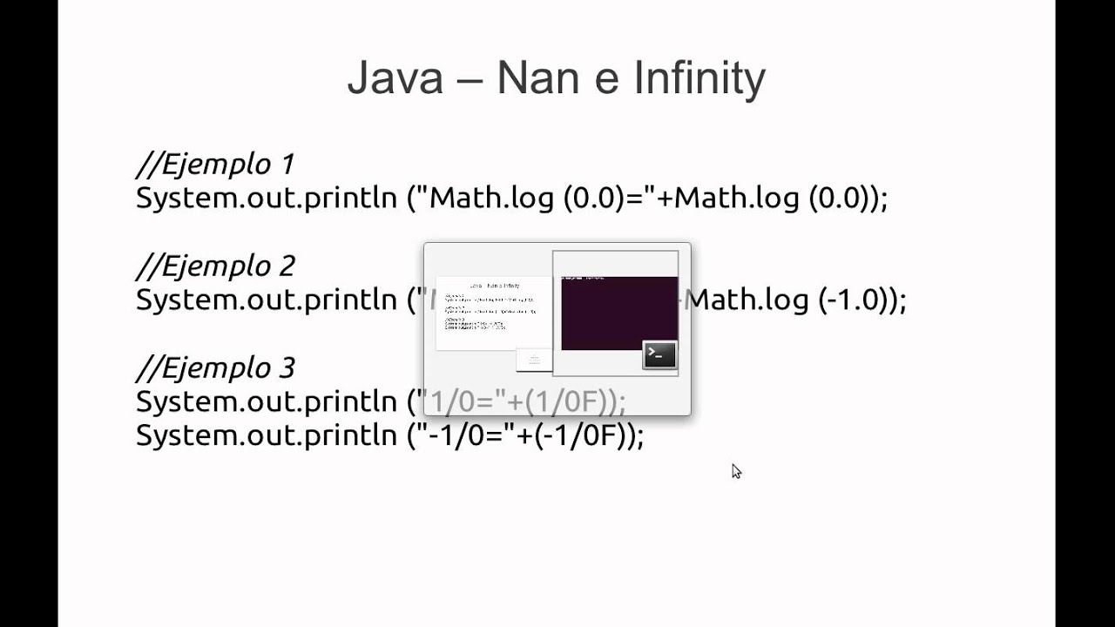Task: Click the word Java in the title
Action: pyautogui.click(x=395, y=78)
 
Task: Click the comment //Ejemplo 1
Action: pyautogui.click(x=215, y=164)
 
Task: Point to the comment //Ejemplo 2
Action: pyautogui.click(x=215, y=266)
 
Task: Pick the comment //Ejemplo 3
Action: pyautogui.click(x=215, y=367)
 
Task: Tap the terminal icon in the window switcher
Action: pyautogui.click(x=659, y=354)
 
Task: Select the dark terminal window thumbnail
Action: pyautogui.click(x=618, y=312)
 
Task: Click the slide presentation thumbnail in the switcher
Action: pyautogui.click(x=493, y=312)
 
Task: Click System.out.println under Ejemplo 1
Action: pyautogui.click(x=266, y=199)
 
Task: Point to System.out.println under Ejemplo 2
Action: pyautogui.click(x=266, y=300)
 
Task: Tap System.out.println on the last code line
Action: pyautogui.click(x=266, y=435)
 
